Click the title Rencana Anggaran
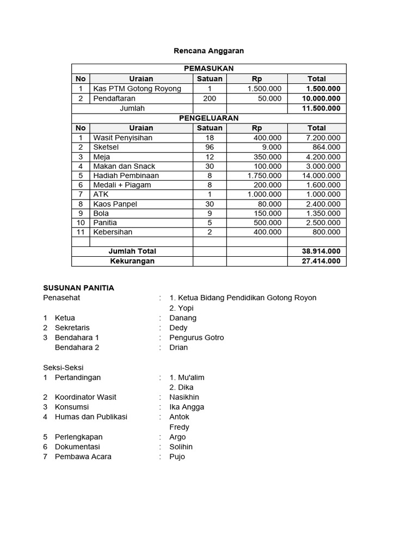tap(208, 51)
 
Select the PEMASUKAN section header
tap(208, 69)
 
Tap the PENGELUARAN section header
tap(208, 118)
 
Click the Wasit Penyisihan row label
tap(122, 138)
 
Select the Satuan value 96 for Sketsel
tap(210, 147)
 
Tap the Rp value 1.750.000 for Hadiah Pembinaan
tap(265, 176)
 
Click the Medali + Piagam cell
tap(122, 185)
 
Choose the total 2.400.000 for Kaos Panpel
tap(323, 204)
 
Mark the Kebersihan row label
tap(113, 232)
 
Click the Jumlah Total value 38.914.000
tap(321, 251)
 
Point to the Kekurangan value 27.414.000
tap(321, 261)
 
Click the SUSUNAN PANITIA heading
tap(78, 288)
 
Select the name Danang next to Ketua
tap(183, 318)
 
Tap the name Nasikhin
tap(184, 397)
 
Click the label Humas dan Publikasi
tap(91, 417)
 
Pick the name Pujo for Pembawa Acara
tap(177, 456)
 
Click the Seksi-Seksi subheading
tap(63, 367)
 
